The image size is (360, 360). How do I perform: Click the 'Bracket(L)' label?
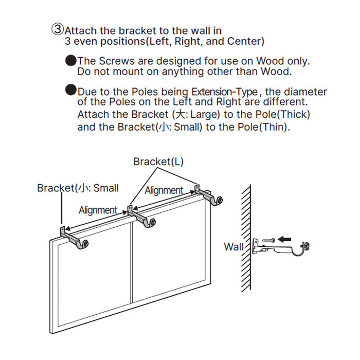tap(158, 161)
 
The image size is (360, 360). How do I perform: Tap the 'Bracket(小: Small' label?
tap(78, 188)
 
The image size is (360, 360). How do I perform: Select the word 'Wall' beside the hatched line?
tap(233, 247)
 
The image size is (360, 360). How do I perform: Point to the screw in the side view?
tap(268, 240)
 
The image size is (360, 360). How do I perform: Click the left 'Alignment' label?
tap(98, 210)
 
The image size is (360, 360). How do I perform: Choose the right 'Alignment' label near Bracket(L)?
tap(164, 190)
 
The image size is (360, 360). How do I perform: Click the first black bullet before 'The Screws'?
tap(71, 61)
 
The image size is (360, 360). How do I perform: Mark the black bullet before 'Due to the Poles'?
tap(71, 91)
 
